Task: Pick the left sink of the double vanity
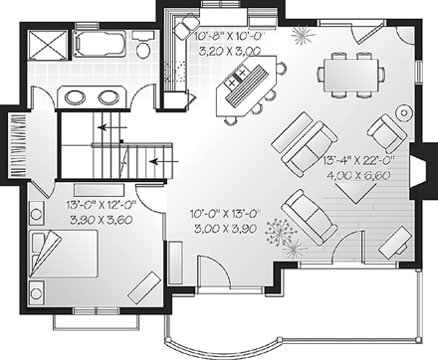point(77,97)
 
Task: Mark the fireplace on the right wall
point(421,166)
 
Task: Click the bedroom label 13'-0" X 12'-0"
point(100,206)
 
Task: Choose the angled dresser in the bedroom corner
point(146,285)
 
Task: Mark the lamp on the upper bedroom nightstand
point(37,212)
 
